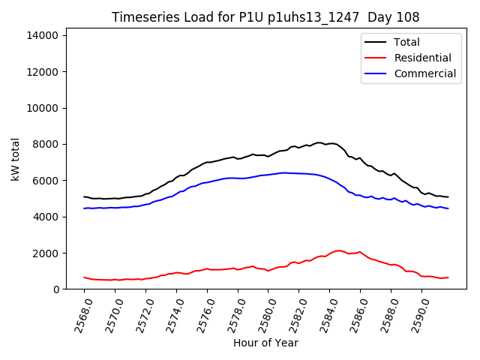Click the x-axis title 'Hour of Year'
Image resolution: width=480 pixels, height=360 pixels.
pyautogui.click(x=265, y=343)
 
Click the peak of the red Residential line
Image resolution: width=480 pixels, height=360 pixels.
pyautogui.click(x=339, y=250)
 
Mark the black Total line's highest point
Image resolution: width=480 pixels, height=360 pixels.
pyautogui.click(x=319, y=142)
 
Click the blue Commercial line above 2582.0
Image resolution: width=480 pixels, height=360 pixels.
pyautogui.click(x=298, y=173)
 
